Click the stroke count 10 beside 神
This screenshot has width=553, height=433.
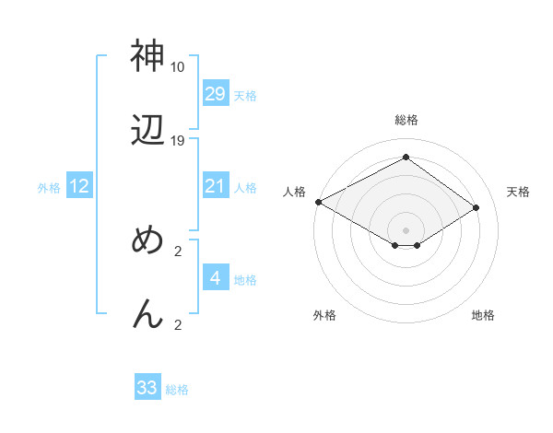177,67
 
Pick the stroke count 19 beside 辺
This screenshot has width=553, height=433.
177,141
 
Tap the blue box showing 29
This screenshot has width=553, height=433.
215,93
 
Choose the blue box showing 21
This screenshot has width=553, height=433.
215,186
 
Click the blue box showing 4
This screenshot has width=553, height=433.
215,277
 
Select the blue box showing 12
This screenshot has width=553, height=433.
79,186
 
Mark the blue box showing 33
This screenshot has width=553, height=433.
147,388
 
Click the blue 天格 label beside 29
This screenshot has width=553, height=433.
245,95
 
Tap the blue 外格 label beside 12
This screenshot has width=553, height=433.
49,188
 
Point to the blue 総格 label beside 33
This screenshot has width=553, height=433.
177,390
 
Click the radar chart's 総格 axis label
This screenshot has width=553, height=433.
406,120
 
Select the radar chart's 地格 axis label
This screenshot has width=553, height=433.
483,315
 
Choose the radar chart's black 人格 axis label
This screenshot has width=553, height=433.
294,192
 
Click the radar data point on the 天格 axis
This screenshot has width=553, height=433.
477,208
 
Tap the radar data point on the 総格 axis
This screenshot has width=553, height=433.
406,157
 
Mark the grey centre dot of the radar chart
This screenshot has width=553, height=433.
406,229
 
